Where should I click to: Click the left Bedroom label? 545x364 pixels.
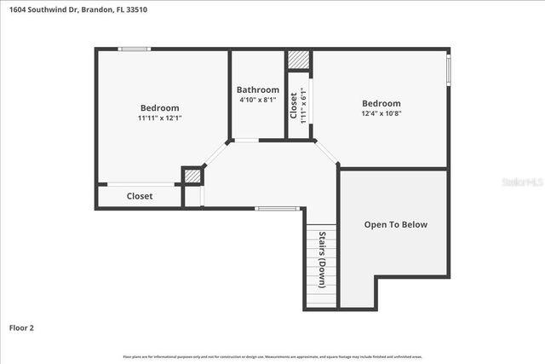tap(159, 107)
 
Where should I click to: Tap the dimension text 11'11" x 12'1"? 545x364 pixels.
tap(159, 118)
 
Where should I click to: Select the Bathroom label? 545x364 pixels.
tap(257, 90)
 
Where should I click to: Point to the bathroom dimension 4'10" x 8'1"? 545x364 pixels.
tap(257, 100)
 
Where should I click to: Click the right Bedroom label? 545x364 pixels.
tap(381, 102)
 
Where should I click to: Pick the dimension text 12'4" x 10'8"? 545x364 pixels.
tap(381, 113)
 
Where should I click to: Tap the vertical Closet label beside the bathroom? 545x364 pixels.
tap(294, 105)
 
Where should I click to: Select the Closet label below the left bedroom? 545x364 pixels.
tap(140, 196)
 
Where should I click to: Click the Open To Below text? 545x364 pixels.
tap(395, 225)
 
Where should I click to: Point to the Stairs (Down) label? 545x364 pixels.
tap(323, 260)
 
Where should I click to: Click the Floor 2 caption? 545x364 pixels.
tap(21, 327)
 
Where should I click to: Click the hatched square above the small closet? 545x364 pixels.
tap(298, 61)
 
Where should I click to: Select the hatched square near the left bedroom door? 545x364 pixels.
tap(192, 176)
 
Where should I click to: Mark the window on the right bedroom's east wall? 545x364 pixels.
tap(449, 69)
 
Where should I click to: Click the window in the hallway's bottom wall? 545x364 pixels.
tap(277, 208)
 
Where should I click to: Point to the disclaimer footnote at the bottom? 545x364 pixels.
tap(272, 356)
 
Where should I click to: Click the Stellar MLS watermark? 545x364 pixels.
tap(521, 182)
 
